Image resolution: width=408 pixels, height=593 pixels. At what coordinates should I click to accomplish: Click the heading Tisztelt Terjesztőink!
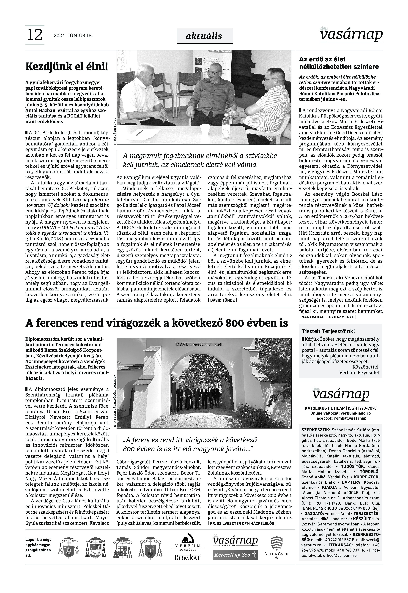[x=328, y=331]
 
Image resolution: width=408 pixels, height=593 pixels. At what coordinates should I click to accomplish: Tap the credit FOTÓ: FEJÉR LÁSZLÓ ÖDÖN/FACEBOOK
[x=115, y=401]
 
